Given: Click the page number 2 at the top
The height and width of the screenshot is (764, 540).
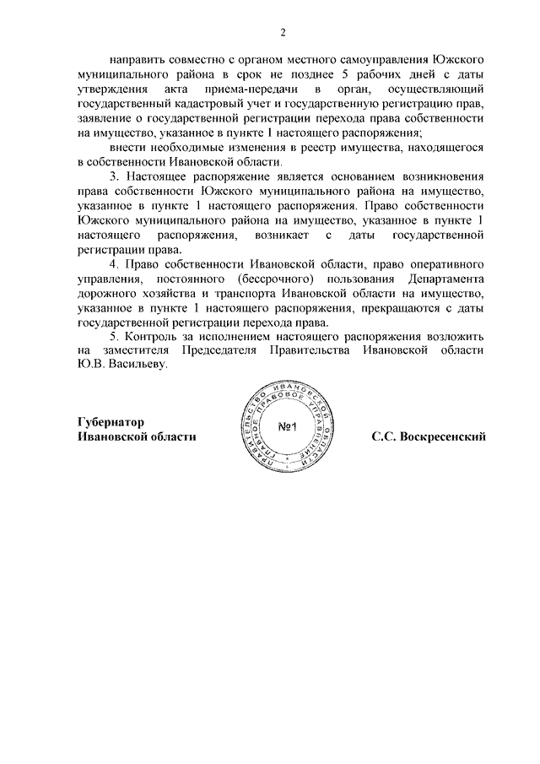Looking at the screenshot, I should (283, 33).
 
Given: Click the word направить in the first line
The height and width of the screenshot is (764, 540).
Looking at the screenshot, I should (138, 61).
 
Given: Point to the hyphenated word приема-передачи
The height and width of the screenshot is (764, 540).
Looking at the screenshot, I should (256, 89).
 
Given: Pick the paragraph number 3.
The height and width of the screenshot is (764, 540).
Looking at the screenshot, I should (114, 176).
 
